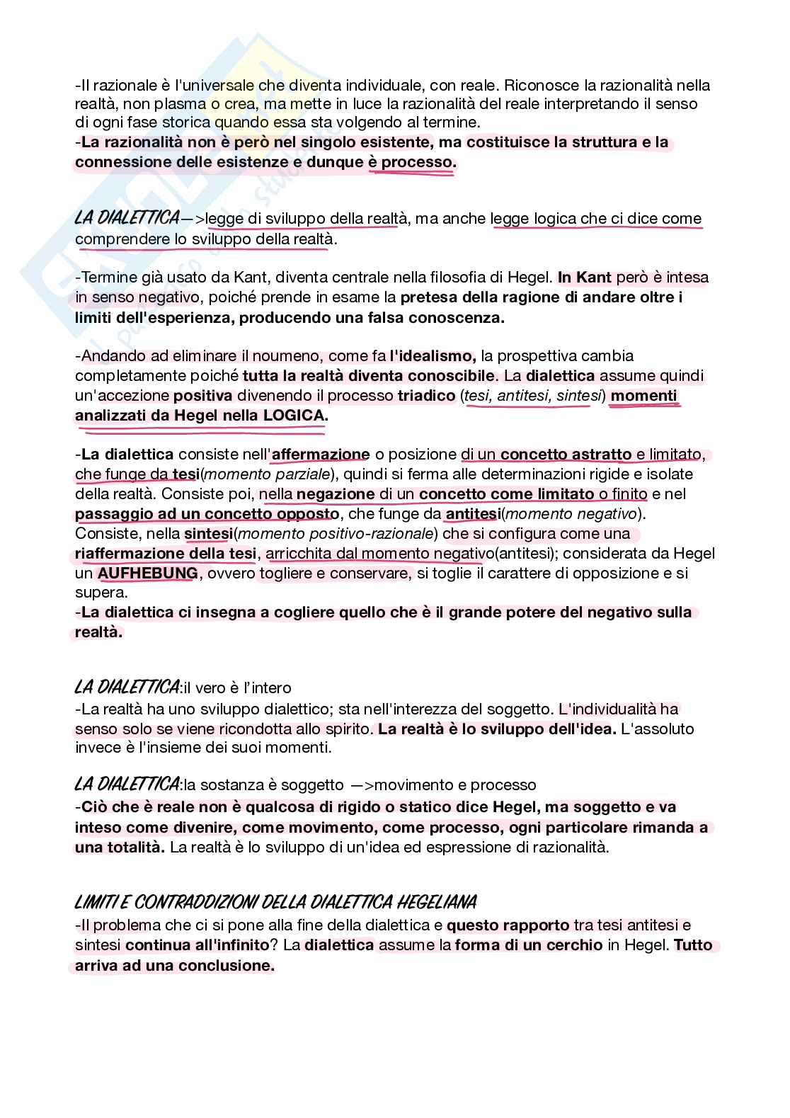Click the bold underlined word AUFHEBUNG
[147, 574]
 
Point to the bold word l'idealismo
[433, 355]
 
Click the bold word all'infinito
[229, 945]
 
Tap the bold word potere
[520, 612]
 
